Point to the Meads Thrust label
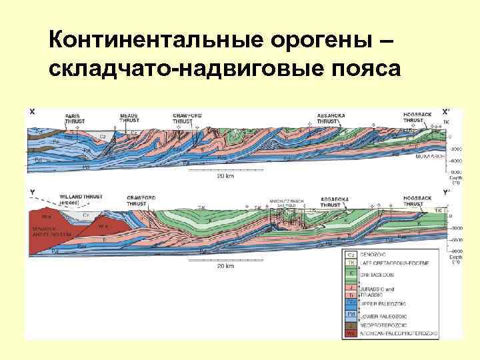tap(129, 117)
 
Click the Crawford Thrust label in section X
tap(187, 117)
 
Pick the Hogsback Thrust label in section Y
tap(418, 200)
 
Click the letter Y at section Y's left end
tap(31, 193)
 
